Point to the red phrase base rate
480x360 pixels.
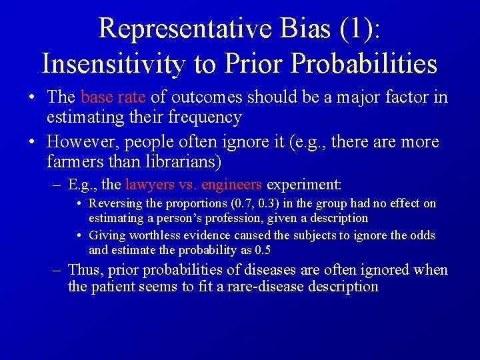click(x=113, y=97)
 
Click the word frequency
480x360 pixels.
click(x=205, y=117)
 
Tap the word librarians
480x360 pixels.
click(x=180, y=162)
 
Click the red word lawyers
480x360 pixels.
click(x=148, y=185)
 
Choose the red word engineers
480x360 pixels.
click(x=232, y=185)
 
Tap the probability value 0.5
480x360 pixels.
click(x=262, y=250)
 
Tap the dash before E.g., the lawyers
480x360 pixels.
click(x=57, y=185)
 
